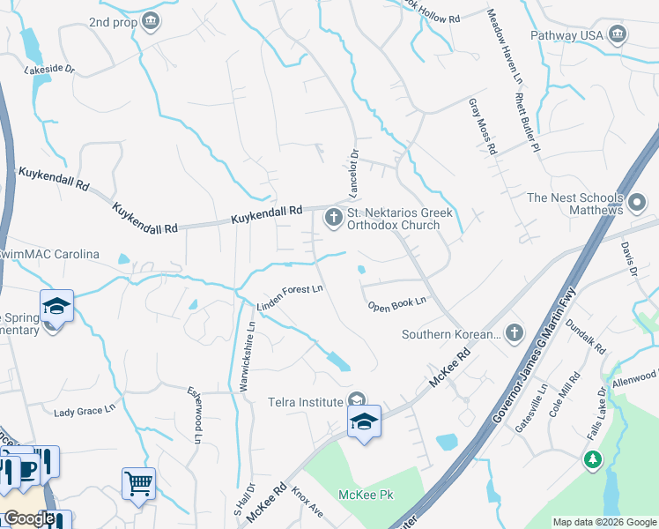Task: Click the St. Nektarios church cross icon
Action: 334,218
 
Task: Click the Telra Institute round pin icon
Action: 357,401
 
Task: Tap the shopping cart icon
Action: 138,483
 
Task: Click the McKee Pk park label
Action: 367,495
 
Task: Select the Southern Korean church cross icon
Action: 515,333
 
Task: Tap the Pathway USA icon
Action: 617,35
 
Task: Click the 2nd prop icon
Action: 151,20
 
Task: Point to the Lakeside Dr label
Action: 50,69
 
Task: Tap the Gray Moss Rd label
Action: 482,126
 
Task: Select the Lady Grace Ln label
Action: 85,411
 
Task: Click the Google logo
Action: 28,518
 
